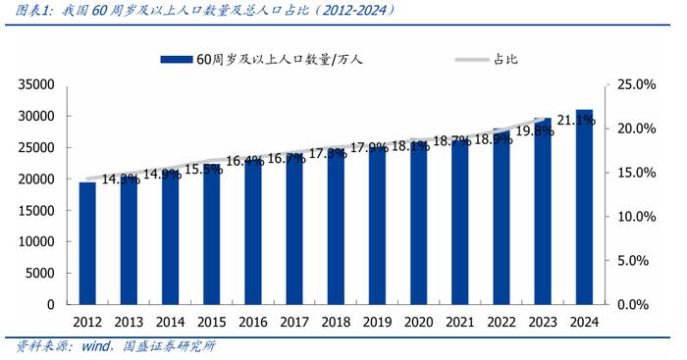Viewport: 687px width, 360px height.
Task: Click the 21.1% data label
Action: [576, 121]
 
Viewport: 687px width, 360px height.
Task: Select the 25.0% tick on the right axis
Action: [636, 85]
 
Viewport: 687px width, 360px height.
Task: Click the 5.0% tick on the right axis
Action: [636, 261]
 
